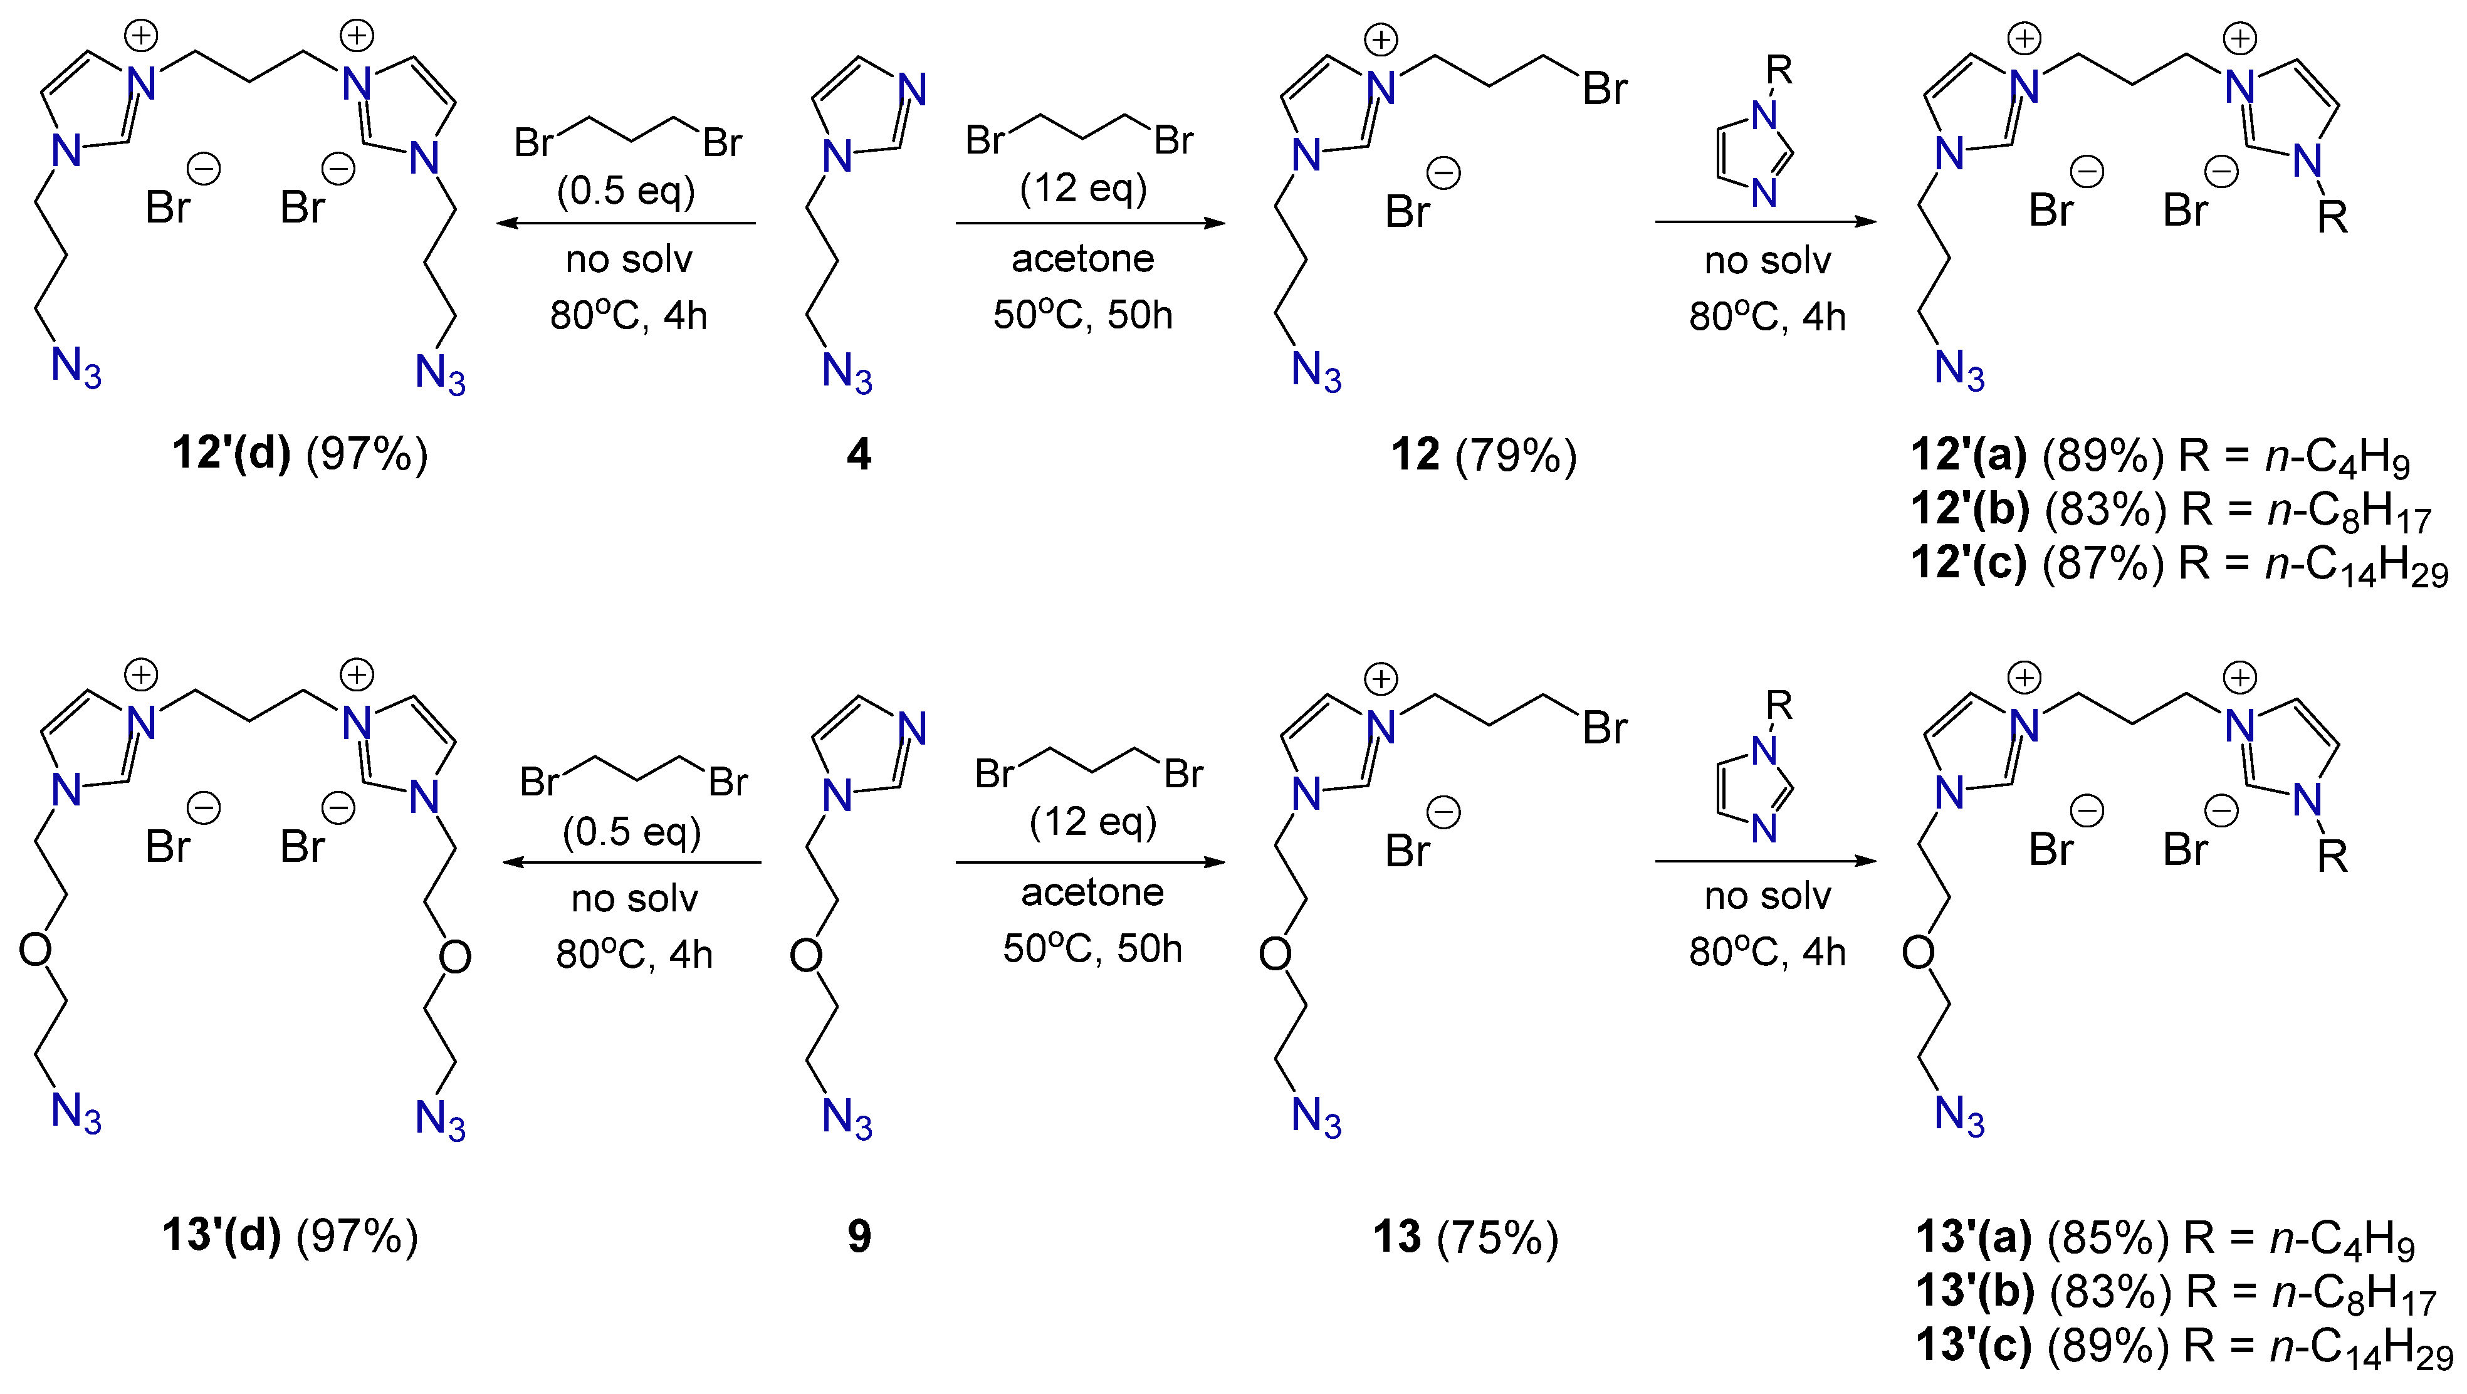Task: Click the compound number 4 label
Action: tap(859, 454)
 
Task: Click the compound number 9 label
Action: tap(859, 1236)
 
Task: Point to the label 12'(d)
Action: tap(231, 454)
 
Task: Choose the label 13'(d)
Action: tap(222, 1236)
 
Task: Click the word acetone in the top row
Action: tap(1083, 258)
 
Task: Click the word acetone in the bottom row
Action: tap(1092, 893)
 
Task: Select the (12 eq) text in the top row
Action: tap(1083, 187)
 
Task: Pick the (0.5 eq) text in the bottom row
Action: tap(631, 831)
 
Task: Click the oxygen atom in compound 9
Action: tap(807, 955)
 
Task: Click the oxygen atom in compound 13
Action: tap(1275, 953)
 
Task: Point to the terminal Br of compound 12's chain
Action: tap(1604, 89)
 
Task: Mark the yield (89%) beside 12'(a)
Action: tap(2103, 456)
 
